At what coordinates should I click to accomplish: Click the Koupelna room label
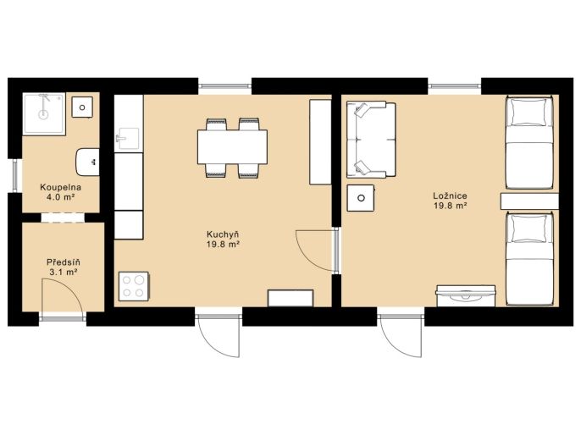(x=60, y=187)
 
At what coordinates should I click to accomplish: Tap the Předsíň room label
(x=64, y=262)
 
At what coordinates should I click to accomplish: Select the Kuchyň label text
(x=222, y=234)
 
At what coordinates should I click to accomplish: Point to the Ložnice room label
(x=451, y=196)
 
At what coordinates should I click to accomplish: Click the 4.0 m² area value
(x=60, y=197)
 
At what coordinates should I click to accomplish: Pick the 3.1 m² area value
(x=64, y=273)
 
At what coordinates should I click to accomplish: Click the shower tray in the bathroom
(x=44, y=113)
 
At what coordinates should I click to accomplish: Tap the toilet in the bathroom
(x=88, y=162)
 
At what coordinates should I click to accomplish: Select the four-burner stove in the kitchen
(x=134, y=286)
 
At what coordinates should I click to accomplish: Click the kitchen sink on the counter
(x=129, y=138)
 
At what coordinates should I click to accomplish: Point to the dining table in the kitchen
(x=232, y=147)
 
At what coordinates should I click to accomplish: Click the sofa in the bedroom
(x=371, y=140)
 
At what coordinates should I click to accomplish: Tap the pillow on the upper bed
(x=528, y=113)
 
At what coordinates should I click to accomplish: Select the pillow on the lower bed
(x=528, y=229)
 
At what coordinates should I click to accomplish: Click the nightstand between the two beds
(x=529, y=201)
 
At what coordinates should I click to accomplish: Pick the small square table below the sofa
(x=361, y=198)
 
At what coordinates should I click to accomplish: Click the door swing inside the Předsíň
(x=70, y=289)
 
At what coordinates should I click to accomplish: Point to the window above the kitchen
(x=224, y=86)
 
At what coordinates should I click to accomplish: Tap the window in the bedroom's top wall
(x=454, y=86)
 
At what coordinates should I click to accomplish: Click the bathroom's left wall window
(x=15, y=175)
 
